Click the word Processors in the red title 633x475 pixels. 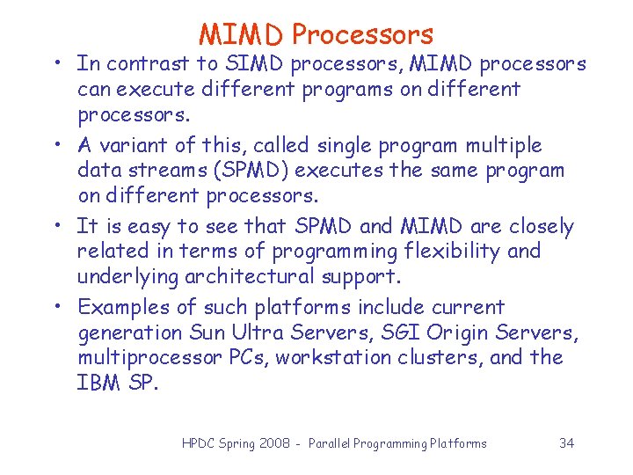tap(362, 34)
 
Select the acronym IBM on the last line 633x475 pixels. tap(98, 384)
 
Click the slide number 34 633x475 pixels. tap(566, 443)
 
